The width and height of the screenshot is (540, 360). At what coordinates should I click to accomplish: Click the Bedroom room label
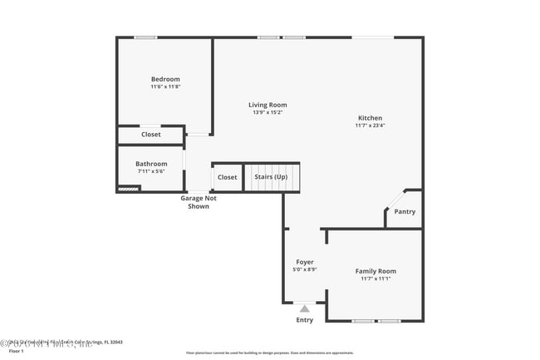coord(165,79)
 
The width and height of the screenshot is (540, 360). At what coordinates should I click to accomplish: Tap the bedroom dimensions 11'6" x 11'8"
coord(165,86)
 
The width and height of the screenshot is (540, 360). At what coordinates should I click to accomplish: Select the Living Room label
coord(268,105)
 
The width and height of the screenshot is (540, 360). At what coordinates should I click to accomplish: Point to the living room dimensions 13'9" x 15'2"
coord(268,112)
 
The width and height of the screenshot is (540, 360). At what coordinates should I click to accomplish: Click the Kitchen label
coord(370,117)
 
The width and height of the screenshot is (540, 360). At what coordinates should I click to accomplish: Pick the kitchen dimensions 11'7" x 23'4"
coord(370,126)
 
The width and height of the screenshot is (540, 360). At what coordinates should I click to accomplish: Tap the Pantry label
coord(405,211)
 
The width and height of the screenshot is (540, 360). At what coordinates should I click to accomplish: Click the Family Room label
coord(376,271)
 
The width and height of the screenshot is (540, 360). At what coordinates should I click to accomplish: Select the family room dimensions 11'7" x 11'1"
coord(376,279)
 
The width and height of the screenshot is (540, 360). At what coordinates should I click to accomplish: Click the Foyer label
coord(305,262)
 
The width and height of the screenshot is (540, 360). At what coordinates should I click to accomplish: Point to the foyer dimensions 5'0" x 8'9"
coord(305,269)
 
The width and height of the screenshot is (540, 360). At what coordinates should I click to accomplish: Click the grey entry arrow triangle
coord(305,308)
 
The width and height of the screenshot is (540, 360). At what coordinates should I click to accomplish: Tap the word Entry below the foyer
coord(305,320)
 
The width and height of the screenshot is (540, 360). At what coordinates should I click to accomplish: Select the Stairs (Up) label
coord(271,177)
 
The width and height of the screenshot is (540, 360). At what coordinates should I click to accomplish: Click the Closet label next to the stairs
coord(227,177)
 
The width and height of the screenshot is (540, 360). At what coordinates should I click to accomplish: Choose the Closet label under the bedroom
coord(151,134)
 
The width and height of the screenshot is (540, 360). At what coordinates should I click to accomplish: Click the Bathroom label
coord(151,164)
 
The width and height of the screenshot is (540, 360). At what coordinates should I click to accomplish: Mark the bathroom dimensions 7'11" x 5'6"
coord(151,171)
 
